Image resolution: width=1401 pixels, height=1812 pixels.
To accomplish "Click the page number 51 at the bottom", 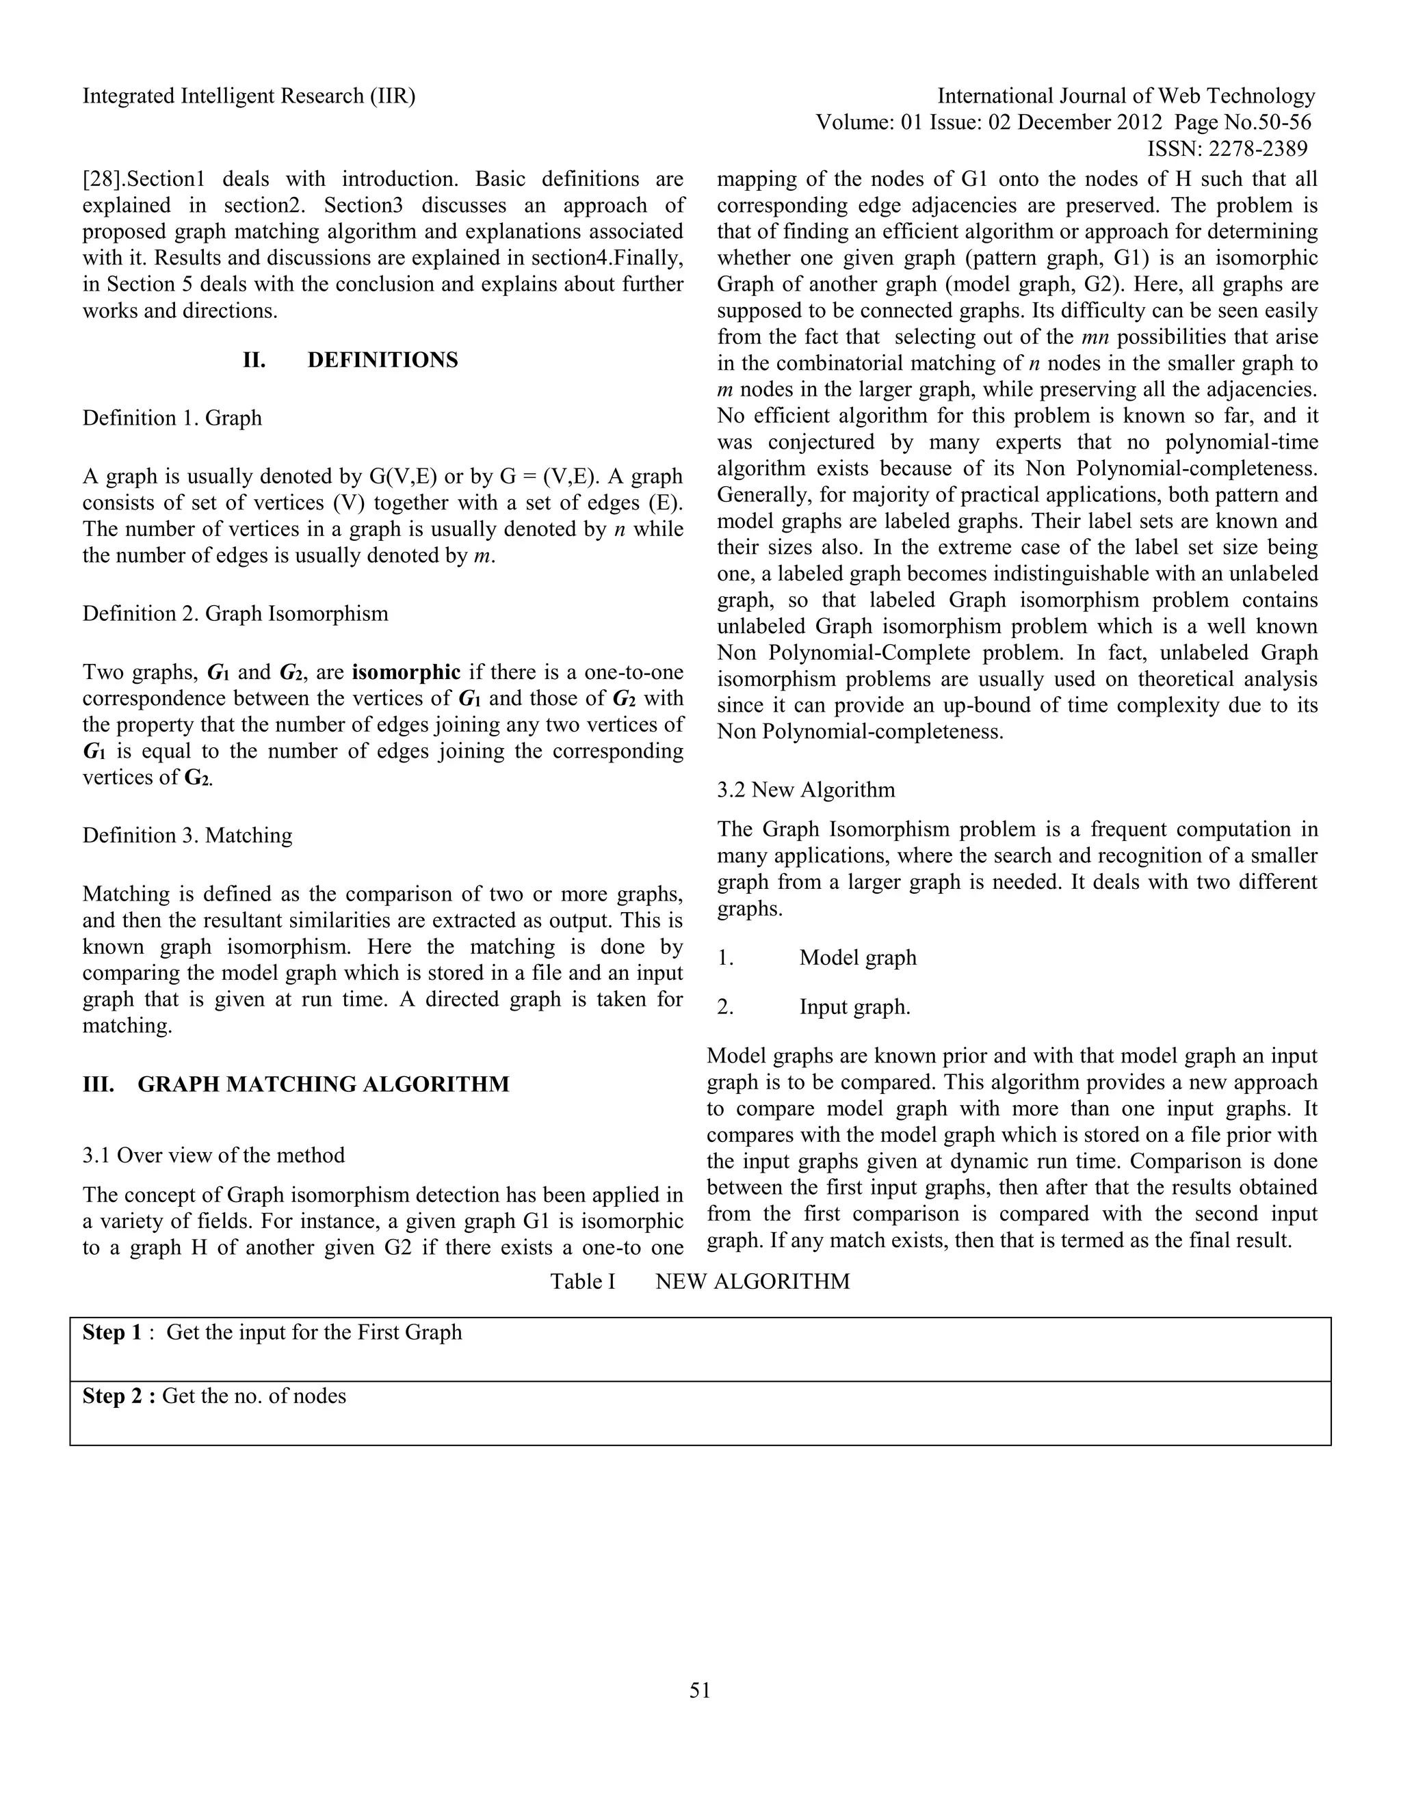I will coord(700,1690).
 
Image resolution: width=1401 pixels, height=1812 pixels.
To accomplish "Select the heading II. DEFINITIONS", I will coord(350,360).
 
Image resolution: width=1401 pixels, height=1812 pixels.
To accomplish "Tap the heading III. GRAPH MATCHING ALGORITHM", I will coord(296,1084).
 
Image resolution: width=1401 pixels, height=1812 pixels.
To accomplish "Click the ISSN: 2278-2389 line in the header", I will coord(1227,148).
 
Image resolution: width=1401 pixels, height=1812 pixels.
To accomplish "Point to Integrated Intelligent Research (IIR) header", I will coord(249,96).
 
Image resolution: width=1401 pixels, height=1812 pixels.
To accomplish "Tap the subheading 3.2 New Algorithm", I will coord(806,789).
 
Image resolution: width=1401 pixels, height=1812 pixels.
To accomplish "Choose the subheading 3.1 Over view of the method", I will coord(213,1155).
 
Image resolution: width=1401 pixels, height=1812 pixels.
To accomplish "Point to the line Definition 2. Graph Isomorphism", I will coord(235,613).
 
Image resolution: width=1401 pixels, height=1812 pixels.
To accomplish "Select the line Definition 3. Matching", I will coord(187,835).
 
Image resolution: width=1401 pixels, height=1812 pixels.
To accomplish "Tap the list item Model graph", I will coord(857,957).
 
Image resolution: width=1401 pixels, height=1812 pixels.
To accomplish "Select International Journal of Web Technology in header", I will coord(1126,96).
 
